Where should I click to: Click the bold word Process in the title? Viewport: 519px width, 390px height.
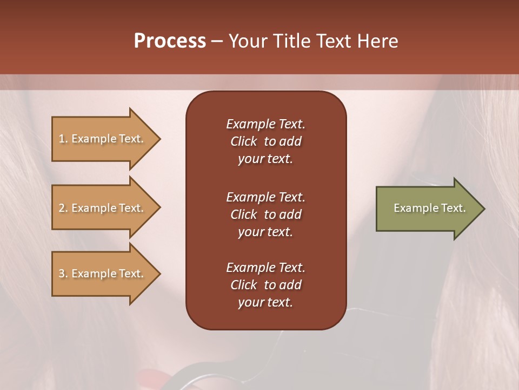click(x=170, y=41)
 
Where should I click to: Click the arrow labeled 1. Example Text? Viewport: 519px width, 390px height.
click(x=103, y=139)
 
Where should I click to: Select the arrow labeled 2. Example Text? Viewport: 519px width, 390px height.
click(x=103, y=208)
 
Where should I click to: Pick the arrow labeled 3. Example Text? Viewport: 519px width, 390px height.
click(x=103, y=274)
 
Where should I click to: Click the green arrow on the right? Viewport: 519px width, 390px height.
click(x=427, y=208)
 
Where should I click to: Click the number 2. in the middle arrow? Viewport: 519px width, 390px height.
click(x=63, y=208)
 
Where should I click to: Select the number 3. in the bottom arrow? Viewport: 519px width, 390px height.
click(x=63, y=274)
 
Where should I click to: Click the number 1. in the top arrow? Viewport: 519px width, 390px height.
click(x=63, y=139)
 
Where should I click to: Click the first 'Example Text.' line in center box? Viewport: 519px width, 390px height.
click(x=265, y=124)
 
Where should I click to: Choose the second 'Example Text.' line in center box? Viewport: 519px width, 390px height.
click(x=265, y=197)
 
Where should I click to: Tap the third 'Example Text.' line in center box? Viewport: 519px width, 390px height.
click(x=265, y=268)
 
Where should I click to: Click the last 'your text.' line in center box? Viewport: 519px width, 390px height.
click(x=265, y=303)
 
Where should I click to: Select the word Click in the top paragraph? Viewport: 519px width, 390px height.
click(x=243, y=141)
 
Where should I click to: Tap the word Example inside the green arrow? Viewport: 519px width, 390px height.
click(x=414, y=208)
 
